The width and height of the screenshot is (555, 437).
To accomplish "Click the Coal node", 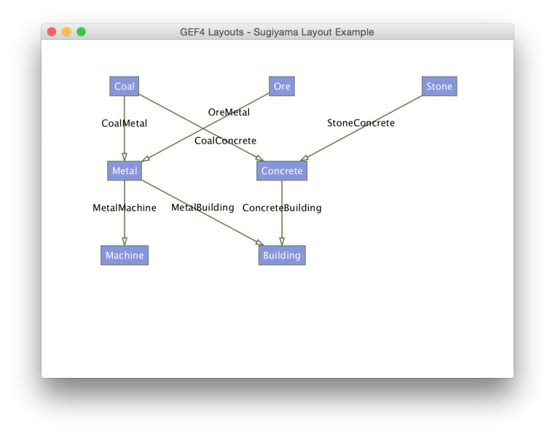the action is pyautogui.click(x=125, y=87).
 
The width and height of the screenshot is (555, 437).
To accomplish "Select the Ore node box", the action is pyautogui.click(x=282, y=87).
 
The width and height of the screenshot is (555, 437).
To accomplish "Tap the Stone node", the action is pyautogui.click(x=439, y=87).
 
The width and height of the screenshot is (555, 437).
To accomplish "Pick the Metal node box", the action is pyautogui.click(x=125, y=171).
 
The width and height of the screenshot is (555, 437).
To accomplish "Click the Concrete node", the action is pyautogui.click(x=282, y=171).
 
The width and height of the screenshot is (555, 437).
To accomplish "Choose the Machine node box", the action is pyautogui.click(x=125, y=256).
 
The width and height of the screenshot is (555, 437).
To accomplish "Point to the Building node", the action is pyautogui.click(x=282, y=256).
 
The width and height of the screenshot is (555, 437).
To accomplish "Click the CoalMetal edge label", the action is pyautogui.click(x=125, y=123).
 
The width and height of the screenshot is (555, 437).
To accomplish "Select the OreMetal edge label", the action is pyautogui.click(x=229, y=112).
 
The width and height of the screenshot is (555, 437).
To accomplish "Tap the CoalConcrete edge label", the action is pyautogui.click(x=226, y=141).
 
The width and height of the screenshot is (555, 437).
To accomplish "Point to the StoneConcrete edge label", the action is pyautogui.click(x=361, y=123).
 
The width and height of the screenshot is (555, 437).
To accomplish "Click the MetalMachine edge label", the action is pyautogui.click(x=125, y=208).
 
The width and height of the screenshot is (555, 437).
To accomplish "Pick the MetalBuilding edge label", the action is pyautogui.click(x=202, y=208).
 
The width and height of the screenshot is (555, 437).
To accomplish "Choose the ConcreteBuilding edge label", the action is pyautogui.click(x=282, y=208).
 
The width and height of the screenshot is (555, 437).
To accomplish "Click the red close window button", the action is pyautogui.click(x=52, y=32).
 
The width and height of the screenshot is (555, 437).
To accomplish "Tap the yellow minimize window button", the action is pyautogui.click(x=66, y=32).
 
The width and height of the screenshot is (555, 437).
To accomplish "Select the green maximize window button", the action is pyautogui.click(x=82, y=32).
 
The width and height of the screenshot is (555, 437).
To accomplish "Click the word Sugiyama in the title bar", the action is pyautogui.click(x=276, y=32).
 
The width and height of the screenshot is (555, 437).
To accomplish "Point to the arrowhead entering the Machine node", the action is pyautogui.click(x=125, y=242).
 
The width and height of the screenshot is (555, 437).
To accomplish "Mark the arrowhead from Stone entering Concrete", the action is pyautogui.click(x=304, y=158).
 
